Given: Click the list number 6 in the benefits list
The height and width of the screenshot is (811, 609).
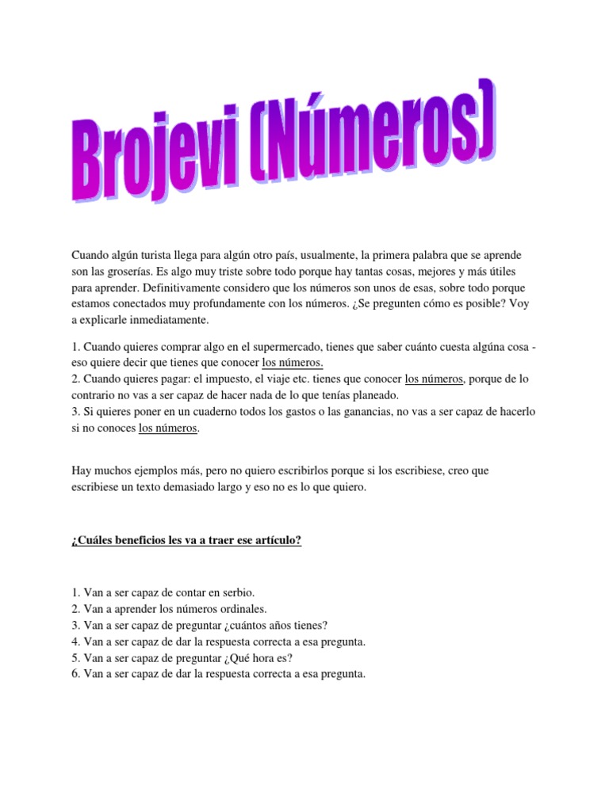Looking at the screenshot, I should [x=75, y=674].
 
